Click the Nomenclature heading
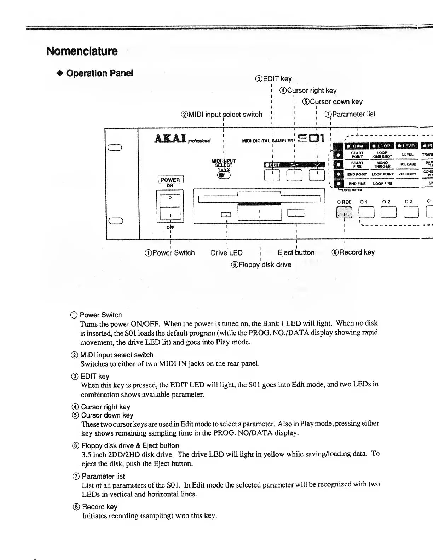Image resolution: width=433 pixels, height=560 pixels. [82, 51]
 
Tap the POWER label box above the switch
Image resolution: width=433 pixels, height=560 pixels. [170, 180]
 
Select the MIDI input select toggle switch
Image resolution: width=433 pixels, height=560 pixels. [223, 175]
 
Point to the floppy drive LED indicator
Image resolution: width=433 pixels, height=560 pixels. [226, 214]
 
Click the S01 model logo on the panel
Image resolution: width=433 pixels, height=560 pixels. [311, 138]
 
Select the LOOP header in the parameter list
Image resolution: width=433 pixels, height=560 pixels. [381, 146]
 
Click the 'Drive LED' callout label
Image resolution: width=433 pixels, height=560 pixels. [227, 253]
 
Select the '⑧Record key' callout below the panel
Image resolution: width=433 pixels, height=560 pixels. [353, 252]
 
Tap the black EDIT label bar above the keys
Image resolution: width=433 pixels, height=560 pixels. [294, 164]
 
